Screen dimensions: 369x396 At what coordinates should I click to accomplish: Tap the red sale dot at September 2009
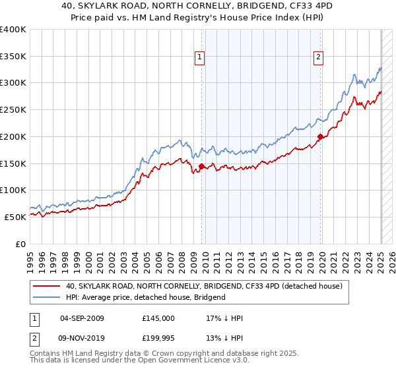(x=201, y=165)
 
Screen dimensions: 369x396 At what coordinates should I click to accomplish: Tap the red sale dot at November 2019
(x=320, y=136)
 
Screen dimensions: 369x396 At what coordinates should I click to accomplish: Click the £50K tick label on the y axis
(x=16, y=217)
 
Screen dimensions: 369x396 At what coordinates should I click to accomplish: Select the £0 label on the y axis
(x=21, y=244)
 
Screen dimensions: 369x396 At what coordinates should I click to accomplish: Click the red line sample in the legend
(x=47, y=287)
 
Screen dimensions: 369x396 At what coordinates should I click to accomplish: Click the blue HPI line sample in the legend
(x=47, y=297)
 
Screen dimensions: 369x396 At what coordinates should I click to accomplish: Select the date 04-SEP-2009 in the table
(x=82, y=318)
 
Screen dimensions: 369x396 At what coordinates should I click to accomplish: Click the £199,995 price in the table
(x=158, y=338)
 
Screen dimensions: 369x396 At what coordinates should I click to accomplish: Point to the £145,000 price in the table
(x=158, y=318)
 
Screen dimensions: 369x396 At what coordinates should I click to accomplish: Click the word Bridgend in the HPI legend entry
(x=209, y=297)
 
